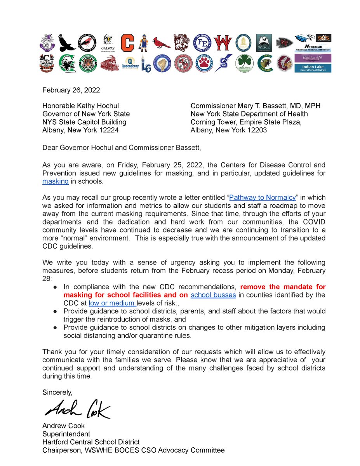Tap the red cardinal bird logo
click(x=161, y=43)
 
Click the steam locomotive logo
click(x=109, y=63)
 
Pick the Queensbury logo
click(x=130, y=63)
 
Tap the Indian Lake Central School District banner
click(x=313, y=68)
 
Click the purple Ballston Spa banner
click(x=313, y=59)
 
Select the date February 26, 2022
click(x=71, y=90)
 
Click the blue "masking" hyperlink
click(x=56, y=181)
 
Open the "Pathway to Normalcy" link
click(x=263, y=197)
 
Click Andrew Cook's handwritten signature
click(x=77, y=409)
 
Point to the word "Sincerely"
click(x=57, y=392)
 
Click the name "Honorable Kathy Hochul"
click(x=80, y=106)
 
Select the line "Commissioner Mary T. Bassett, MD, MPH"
click(x=255, y=106)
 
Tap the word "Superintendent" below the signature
click(x=66, y=434)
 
